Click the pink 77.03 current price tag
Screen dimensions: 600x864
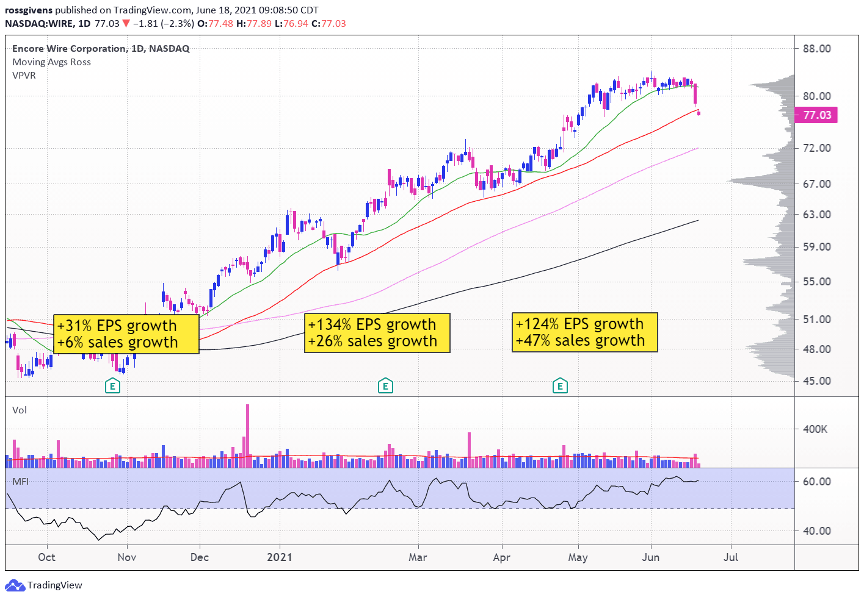816,115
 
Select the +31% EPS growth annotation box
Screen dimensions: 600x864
126,334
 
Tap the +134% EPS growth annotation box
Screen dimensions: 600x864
377,333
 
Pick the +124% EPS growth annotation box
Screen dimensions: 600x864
584,332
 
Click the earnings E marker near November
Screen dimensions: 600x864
112,385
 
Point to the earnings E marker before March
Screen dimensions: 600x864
385,385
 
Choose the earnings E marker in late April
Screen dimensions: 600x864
560,385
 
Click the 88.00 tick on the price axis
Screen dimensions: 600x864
817,49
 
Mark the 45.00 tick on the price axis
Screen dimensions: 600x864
817,381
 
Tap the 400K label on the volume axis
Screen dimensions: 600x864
815,429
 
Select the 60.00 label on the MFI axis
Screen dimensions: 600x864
817,482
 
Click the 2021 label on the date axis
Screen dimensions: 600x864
280,557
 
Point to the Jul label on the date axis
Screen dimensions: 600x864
731,557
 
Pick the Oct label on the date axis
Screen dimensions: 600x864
46,557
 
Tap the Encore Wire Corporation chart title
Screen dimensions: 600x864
101,49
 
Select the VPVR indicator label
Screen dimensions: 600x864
24,76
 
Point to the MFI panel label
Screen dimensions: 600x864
20,482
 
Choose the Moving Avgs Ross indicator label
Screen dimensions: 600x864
51,62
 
